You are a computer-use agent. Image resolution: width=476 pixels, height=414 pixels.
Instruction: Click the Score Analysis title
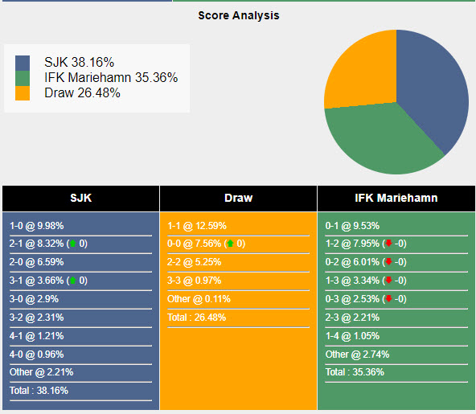click(x=239, y=15)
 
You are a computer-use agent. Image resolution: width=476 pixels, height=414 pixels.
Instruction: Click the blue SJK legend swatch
click(x=23, y=63)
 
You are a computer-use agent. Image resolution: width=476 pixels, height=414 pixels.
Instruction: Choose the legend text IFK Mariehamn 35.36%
click(x=111, y=78)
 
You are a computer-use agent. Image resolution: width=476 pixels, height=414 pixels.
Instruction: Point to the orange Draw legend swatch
click(x=23, y=92)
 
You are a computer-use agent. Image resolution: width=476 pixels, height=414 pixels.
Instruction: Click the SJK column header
click(x=80, y=198)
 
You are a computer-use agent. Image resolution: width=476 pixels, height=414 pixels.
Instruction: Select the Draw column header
click(x=238, y=198)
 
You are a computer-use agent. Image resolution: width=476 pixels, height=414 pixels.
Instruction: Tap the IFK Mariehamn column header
click(x=396, y=198)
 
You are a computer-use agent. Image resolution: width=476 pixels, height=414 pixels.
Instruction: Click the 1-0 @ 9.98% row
click(x=37, y=226)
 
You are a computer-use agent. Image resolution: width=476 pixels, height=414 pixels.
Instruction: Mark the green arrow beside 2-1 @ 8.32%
click(x=72, y=244)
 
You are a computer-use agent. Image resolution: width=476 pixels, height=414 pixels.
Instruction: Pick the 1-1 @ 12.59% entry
click(x=197, y=226)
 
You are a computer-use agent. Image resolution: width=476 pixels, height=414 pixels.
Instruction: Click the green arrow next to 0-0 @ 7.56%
click(x=230, y=244)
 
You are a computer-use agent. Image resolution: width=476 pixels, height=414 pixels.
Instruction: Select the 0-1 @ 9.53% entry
click(x=352, y=226)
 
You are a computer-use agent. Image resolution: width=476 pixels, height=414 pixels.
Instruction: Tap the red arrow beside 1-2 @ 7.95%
click(x=388, y=244)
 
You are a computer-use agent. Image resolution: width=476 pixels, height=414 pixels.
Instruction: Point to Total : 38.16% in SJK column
click(x=39, y=391)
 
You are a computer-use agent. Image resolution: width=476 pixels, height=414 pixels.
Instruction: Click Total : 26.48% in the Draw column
click(x=197, y=317)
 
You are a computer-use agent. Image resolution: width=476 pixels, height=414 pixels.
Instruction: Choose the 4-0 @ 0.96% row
click(x=37, y=354)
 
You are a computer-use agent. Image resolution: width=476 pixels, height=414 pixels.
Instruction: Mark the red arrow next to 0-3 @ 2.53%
click(x=388, y=299)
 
